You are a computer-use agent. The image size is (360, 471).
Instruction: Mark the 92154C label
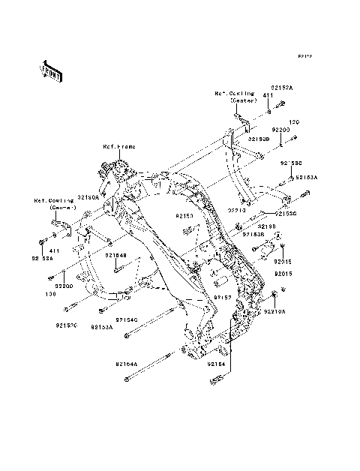[128, 320]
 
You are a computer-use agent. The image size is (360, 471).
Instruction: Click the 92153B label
[253, 233]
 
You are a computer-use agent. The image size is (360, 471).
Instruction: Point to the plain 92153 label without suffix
[185, 215]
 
